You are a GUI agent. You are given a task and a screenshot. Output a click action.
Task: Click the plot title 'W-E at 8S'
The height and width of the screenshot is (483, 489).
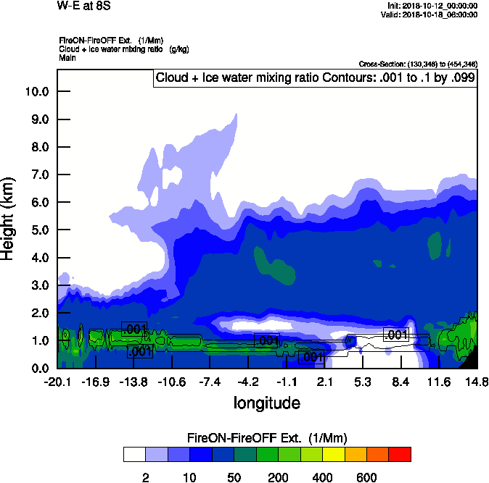(x=81, y=6)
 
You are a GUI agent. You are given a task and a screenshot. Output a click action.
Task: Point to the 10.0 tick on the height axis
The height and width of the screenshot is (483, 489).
(x=36, y=91)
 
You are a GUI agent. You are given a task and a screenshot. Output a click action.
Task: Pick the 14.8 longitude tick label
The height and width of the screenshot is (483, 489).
(x=476, y=382)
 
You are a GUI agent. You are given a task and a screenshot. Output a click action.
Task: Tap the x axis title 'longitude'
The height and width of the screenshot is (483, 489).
(x=266, y=402)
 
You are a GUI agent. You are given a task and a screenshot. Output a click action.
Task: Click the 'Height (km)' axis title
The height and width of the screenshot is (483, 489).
(x=9, y=218)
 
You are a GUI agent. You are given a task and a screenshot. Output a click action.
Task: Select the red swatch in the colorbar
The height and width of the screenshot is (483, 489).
(x=399, y=454)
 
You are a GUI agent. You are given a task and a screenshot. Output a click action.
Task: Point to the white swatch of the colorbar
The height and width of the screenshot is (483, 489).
(x=134, y=454)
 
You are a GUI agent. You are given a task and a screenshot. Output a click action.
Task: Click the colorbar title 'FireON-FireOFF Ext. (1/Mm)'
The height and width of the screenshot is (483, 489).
(x=267, y=438)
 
